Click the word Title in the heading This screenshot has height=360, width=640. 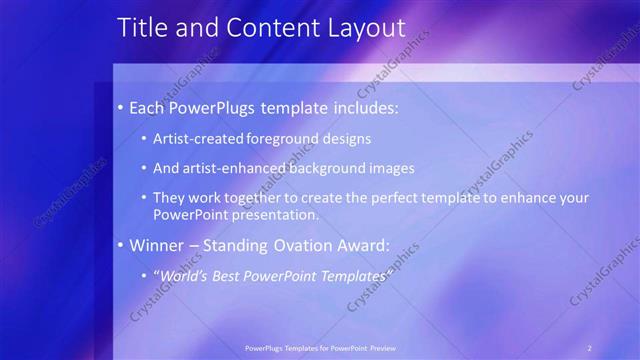[x=142, y=28]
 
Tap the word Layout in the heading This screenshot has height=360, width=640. [x=363, y=28]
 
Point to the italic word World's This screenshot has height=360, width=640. [x=183, y=275]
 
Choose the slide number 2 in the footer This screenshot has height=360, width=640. [x=590, y=347]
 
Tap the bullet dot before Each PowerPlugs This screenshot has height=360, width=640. [x=121, y=107]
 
